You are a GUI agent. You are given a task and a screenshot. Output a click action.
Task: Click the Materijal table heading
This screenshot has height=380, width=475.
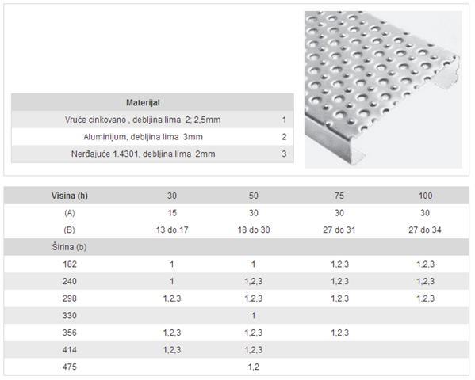coord(143,103)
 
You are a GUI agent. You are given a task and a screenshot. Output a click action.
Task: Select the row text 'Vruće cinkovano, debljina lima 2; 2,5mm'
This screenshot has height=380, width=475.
coord(143,120)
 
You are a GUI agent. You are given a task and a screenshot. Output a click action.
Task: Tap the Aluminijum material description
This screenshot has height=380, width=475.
coord(143,137)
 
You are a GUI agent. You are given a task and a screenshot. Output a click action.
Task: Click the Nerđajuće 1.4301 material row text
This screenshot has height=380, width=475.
coord(143,154)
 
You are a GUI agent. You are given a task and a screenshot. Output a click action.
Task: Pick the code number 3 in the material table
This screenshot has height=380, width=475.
coord(284,154)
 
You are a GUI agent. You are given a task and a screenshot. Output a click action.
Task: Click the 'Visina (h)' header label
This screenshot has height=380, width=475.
coord(69,196)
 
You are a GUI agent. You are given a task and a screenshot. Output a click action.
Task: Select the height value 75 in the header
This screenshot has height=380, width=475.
coord(339,196)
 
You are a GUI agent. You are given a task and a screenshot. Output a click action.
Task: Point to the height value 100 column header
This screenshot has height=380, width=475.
coord(425,196)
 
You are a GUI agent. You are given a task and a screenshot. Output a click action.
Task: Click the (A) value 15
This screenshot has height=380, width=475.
coord(172,213)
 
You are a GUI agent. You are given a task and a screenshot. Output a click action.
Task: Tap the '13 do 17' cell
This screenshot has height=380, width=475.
coord(172,230)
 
